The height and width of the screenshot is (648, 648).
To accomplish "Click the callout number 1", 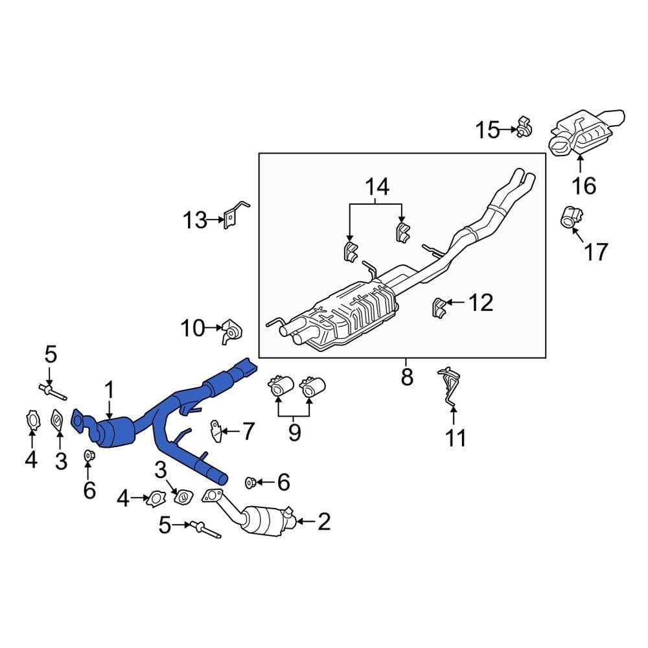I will pyautogui.click(x=110, y=389).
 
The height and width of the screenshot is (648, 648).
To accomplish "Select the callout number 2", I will pyautogui.click(x=323, y=521).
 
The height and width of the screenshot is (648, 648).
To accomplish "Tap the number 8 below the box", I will pyautogui.click(x=406, y=377).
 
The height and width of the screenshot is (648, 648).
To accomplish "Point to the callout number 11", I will pyautogui.click(x=456, y=438).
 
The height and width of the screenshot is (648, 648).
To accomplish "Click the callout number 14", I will pyautogui.click(x=376, y=188).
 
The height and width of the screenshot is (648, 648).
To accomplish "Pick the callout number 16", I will pyautogui.click(x=584, y=186).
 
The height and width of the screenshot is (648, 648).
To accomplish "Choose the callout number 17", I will pyautogui.click(x=596, y=251).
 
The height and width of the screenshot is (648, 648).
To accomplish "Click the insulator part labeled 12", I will pyautogui.click(x=440, y=307).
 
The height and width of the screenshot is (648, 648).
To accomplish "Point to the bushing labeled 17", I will pyautogui.click(x=570, y=217).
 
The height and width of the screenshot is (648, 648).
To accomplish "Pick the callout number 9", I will pyautogui.click(x=295, y=432).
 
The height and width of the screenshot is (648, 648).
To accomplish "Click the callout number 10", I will pyautogui.click(x=192, y=329).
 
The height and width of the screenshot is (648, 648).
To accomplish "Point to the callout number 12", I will pyautogui.click(x=480, y=303).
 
